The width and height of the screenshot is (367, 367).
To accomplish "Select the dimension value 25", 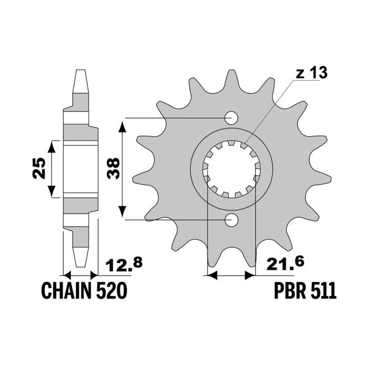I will point(38,167).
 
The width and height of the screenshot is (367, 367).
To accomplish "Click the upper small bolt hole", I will point(232,117).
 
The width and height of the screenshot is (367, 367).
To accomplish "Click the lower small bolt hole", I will point(232,219).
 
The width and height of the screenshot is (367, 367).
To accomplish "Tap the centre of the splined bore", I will point(232,168).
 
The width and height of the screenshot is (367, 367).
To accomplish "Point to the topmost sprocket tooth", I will point(232,76).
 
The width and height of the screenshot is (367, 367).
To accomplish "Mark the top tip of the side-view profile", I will point(80,72).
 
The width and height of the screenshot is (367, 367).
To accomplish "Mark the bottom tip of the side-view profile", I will point(80,264).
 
